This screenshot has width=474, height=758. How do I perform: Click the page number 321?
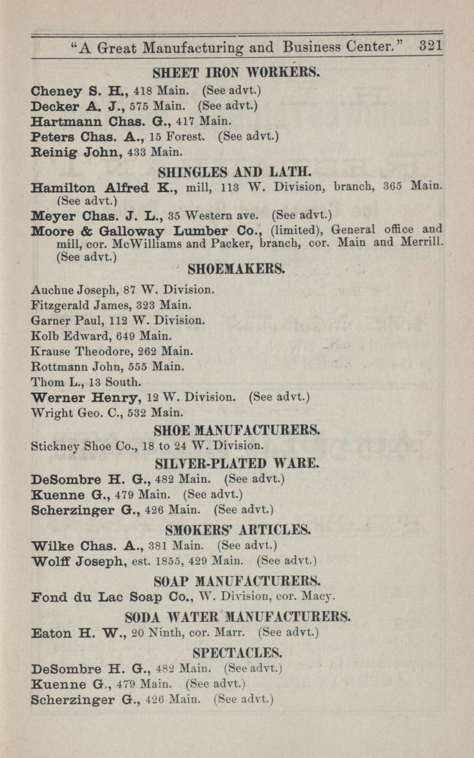click(x=431, y=46)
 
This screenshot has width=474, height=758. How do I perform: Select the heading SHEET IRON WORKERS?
click(x=236, y=72)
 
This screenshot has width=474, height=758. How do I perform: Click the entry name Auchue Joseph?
click(x=67, y=288)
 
